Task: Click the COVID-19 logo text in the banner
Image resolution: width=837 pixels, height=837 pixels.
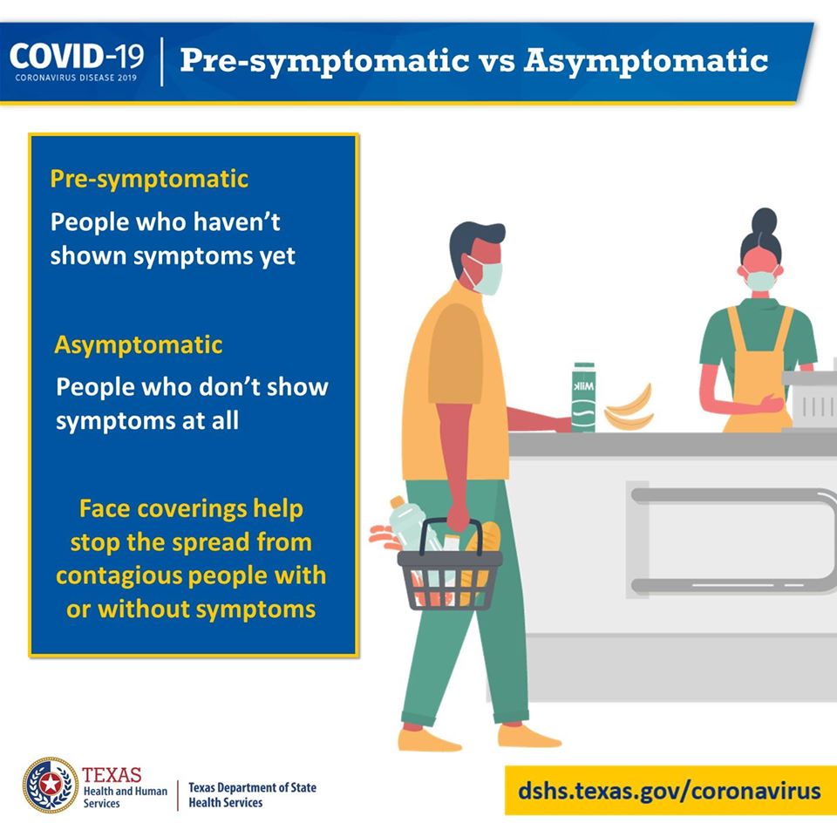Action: click(x=77, y=58)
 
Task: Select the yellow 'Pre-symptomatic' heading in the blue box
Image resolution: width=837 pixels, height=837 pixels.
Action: click(x=149, y=180)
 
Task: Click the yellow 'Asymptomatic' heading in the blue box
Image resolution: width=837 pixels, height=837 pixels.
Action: click(x=139, y=345)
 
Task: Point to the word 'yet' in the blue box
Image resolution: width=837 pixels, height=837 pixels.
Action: click(x=277, y=256)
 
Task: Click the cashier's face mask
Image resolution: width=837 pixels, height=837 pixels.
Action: click(x=760, y=280)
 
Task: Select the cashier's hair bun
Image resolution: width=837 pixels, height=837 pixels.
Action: click(x=765, y=220)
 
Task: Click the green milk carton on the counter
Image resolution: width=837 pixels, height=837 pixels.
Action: click(x=583, y=398)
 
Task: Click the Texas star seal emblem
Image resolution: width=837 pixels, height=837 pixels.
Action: click(x=51, y=785)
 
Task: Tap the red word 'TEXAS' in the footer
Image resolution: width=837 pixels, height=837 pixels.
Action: click(x=112, y=774)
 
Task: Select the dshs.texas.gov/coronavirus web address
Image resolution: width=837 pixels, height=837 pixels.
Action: click(x=670, y=791)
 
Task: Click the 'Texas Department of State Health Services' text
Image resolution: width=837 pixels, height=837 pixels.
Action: click(x=252, y=795)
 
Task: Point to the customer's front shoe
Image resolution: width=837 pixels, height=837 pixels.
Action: click(x=529, y=736)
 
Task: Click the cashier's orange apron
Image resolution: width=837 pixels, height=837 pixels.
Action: click(x=758, y=374)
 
